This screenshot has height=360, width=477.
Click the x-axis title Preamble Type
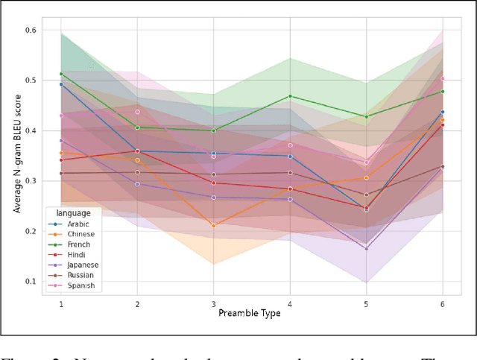[249, 313]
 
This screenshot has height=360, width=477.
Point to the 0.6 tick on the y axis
[31, 30]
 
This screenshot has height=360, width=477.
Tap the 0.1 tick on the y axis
[31, 282]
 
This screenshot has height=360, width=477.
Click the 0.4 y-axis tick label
[31, 130]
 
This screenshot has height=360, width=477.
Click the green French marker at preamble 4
[290, 96]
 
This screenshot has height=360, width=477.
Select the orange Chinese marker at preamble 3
[213, 225]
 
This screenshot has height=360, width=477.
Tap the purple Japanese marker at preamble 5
[366, 248]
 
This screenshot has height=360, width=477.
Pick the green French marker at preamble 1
[61, 74]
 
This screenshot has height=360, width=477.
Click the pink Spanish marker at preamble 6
[443, 78]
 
